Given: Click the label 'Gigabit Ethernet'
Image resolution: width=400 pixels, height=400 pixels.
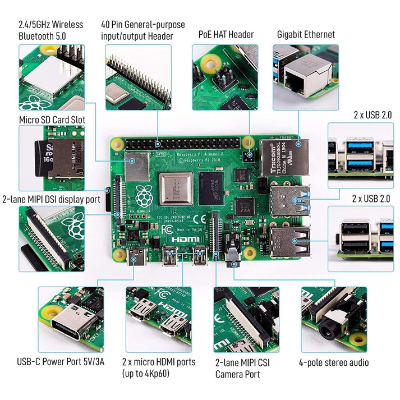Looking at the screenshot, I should point(306,34).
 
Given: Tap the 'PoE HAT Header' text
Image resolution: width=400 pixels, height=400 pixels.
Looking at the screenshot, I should point(226,34).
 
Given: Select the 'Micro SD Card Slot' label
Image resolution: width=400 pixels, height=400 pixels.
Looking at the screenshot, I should point(52,119).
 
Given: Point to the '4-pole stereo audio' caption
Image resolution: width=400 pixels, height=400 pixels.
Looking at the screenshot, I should point(334,362).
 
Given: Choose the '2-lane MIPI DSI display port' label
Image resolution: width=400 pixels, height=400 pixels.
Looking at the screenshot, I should point(51,199).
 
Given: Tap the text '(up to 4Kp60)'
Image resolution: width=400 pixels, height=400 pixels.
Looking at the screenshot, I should point(146,374).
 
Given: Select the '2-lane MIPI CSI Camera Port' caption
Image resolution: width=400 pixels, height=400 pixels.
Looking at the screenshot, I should point(242,368).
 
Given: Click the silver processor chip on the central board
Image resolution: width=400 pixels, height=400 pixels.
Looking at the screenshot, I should point(176,188).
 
